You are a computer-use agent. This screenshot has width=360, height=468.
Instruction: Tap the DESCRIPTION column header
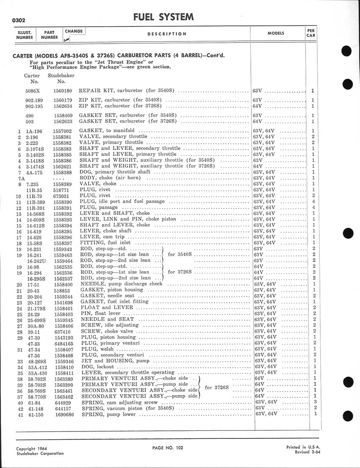167,34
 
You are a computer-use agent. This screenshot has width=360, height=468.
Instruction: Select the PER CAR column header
310,33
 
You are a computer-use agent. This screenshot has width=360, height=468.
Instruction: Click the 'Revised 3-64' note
307,452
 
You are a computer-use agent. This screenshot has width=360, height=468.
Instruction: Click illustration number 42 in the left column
19,408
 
